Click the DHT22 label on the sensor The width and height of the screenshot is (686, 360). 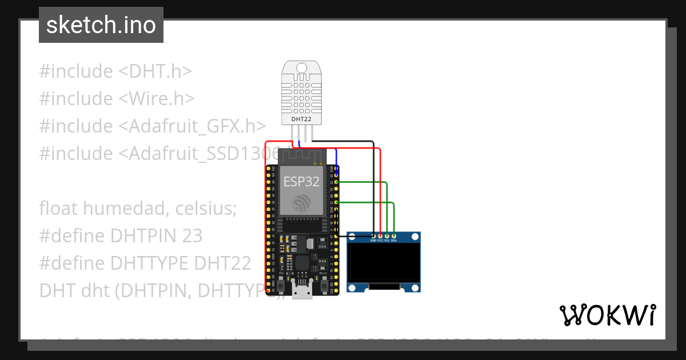click(301, 119)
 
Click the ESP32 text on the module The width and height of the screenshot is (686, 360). click(301, 182)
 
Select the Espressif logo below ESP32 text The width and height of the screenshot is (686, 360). click(301, 203)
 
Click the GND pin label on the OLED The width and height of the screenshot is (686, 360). click(373, 241)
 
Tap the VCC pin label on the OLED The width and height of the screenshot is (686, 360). click(380, 241)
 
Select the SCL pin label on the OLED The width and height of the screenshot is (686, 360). click(387, 241)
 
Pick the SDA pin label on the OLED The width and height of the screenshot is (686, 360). click(394, 241)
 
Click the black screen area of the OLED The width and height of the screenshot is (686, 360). click(384, 263)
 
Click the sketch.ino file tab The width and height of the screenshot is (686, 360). click(101, 25)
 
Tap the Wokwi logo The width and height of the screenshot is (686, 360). click(607, 315)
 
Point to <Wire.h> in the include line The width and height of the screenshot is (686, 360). click(157, 99)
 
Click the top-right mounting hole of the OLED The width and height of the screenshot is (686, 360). click(415, 237)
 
